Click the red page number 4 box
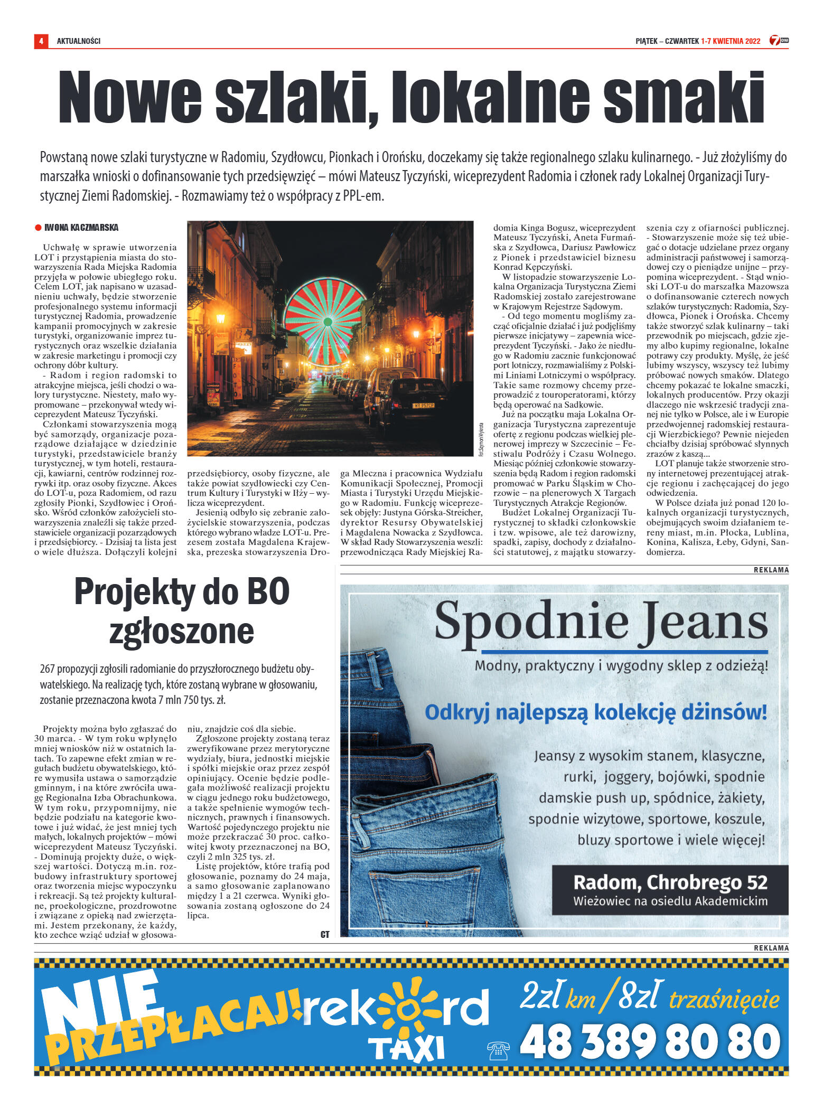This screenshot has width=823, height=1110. click(41, 41)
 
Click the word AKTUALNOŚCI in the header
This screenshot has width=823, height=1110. click(78, 41)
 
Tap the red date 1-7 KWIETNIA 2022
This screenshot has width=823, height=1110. click(731, 41)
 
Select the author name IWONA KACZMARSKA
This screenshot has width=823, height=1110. click(81, 228)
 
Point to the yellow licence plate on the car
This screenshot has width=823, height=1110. click(423, 406)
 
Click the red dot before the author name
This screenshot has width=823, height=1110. click(38, 228)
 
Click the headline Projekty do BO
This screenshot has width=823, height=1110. click(182, 592)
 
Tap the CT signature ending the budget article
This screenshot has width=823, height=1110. click(325, 935)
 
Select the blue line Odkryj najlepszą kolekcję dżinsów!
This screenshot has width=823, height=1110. click(595, 712)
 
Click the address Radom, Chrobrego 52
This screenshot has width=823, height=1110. click(670, 882)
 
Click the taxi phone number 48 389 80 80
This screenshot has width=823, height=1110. click(650, 1041)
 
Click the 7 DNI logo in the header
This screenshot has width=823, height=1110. click(779, 41)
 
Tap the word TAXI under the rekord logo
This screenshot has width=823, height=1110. click(407, 1049)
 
